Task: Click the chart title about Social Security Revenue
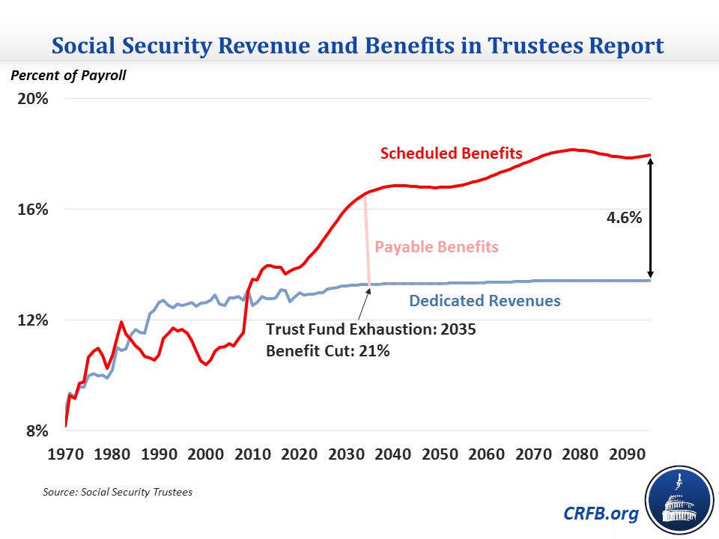click(359, 46)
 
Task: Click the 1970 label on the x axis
click(66, 454)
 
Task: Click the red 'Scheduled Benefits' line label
click(451, 153)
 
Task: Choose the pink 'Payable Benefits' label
click(437, 247)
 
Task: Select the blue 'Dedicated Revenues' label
click(485, 302)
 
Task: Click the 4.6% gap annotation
click(624, 218)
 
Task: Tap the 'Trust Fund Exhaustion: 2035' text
click(371, 329)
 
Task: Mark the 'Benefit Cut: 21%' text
click(328, 350)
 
